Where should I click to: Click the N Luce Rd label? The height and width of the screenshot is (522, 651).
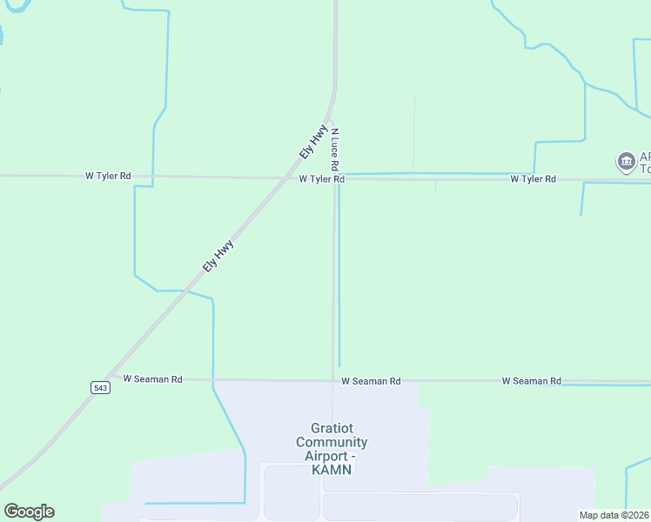[x=334, y=149]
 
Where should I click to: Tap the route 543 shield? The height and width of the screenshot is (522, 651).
[x=97, y=387]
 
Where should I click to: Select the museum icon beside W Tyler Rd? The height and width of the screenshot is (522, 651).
[x=626, y=162]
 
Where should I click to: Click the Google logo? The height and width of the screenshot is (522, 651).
[x=29, y=512]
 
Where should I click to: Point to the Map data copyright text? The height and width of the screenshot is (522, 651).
[x=614, y=515]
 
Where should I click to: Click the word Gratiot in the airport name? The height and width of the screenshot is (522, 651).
[x=332, y=428]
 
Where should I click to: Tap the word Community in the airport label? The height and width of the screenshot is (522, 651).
[x=332, y=442]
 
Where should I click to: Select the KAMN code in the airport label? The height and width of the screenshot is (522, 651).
[x=332, y=470]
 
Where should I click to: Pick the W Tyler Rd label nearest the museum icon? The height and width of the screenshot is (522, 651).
[x=533, y=178]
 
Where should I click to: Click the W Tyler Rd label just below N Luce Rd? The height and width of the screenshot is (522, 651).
[x=322, y=179]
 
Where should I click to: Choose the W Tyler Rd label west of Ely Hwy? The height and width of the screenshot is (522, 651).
[x=108, y=176]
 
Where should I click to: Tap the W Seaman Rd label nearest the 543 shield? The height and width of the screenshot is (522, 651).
[x=153, y=379]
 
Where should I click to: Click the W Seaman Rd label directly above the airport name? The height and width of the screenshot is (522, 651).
[x=371, y=381]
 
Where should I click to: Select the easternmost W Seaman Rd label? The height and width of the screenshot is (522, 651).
[x=531, y=381]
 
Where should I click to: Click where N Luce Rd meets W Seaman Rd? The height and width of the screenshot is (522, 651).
[x=332, y=380]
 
